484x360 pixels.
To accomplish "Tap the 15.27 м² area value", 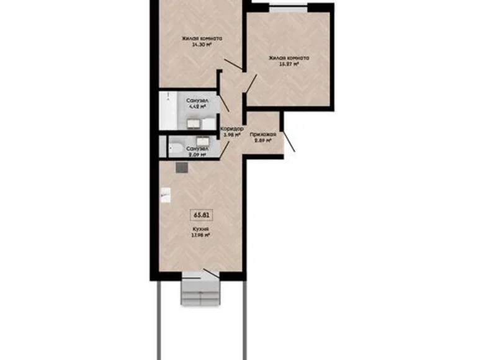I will pos(289,64).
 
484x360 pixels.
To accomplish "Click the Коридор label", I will pos(231,129).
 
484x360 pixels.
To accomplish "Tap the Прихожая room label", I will pos(263,134).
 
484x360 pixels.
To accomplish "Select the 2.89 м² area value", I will pos(263,142).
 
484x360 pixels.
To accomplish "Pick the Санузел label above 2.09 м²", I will pos(197,149).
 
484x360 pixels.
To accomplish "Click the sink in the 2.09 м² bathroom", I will pos(202,142).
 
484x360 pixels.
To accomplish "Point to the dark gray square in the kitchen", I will pos(181,166).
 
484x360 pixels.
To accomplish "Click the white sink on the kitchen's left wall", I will pos(164,196).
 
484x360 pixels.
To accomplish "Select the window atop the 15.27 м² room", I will pos(288,8).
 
